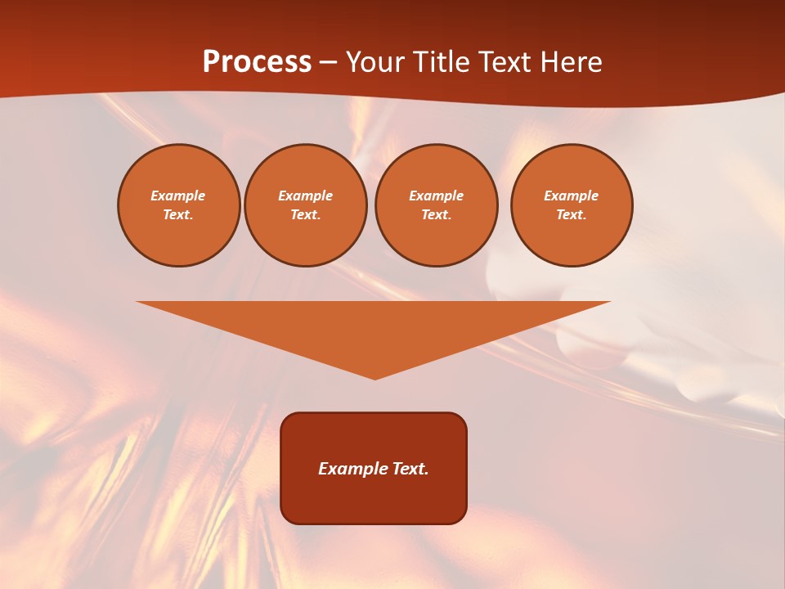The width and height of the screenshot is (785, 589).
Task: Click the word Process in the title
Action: (257, 62)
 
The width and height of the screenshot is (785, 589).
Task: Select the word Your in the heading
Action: (375, 62)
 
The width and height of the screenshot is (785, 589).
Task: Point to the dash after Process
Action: (328, 63)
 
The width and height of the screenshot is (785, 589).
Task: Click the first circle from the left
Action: (178, 205)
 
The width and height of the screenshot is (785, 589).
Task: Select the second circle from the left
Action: (305, 205)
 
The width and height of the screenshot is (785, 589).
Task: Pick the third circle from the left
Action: (436, 205)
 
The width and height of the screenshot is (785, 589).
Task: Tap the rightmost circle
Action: (571, 205)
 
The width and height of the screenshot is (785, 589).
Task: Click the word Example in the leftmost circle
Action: (178, 196)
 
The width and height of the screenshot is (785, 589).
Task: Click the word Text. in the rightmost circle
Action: (571, 215)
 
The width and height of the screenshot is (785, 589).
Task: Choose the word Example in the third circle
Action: (436, 196)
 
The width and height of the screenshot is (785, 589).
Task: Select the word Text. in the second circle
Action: (305, 215)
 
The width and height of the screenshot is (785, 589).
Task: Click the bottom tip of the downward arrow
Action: (375, 377)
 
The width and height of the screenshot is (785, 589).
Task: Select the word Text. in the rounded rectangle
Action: (410, 469)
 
